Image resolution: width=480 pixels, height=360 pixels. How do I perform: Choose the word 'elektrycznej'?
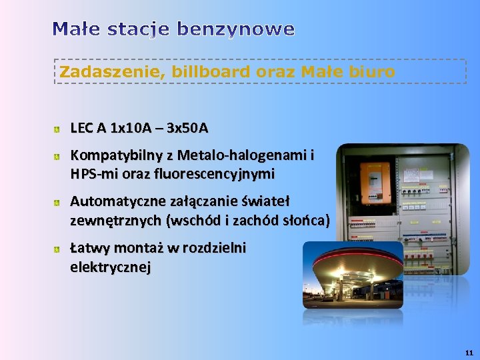[110, 267]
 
